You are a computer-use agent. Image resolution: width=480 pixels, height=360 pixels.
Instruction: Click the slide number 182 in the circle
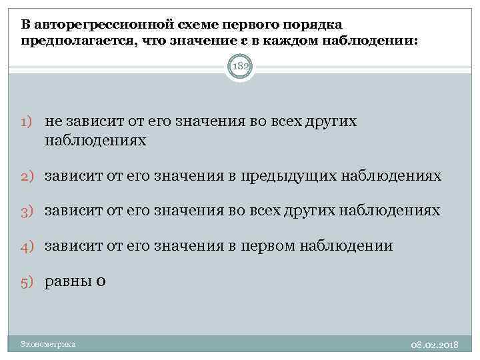pyautogui.click(x=239, y=68)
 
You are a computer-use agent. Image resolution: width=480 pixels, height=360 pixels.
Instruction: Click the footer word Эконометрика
pyautogui.click(x=48, y=344)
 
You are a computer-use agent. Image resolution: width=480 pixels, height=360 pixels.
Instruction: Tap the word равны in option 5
pyautogui.click(x=68, y=281)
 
